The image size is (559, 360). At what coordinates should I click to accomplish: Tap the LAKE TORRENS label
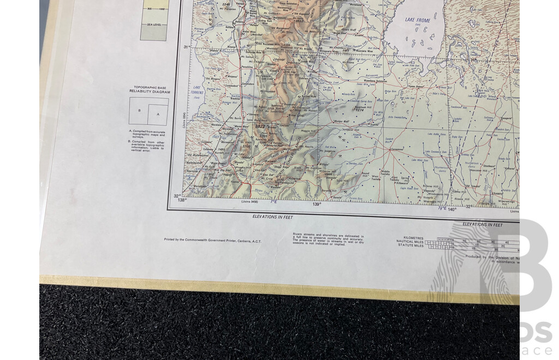pyautogui.click(x=197, y=89)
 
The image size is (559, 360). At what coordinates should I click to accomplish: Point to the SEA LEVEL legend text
pyautogui.click(x=153, y=25)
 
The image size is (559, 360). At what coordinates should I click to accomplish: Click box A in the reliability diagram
pyautogui.click(x=158, y=114)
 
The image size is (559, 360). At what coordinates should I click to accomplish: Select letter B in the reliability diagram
pyautogui.click(x=139, y=110)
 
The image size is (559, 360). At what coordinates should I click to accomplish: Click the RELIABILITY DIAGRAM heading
pyautogui.click(x=149, y=91)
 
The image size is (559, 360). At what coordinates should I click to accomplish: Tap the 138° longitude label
pyautogui.click(x=182, y=200)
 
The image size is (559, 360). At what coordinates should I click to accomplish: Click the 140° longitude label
pyautogui.click(x=452, y=209)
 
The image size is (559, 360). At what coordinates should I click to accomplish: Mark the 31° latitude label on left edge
pyautogui.click(x=186, y=47)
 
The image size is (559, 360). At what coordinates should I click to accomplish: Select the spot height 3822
pyautogui.click(x=260, y=126)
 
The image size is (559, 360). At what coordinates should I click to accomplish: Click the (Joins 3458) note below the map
pyautogui.click(x=249, y=201)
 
